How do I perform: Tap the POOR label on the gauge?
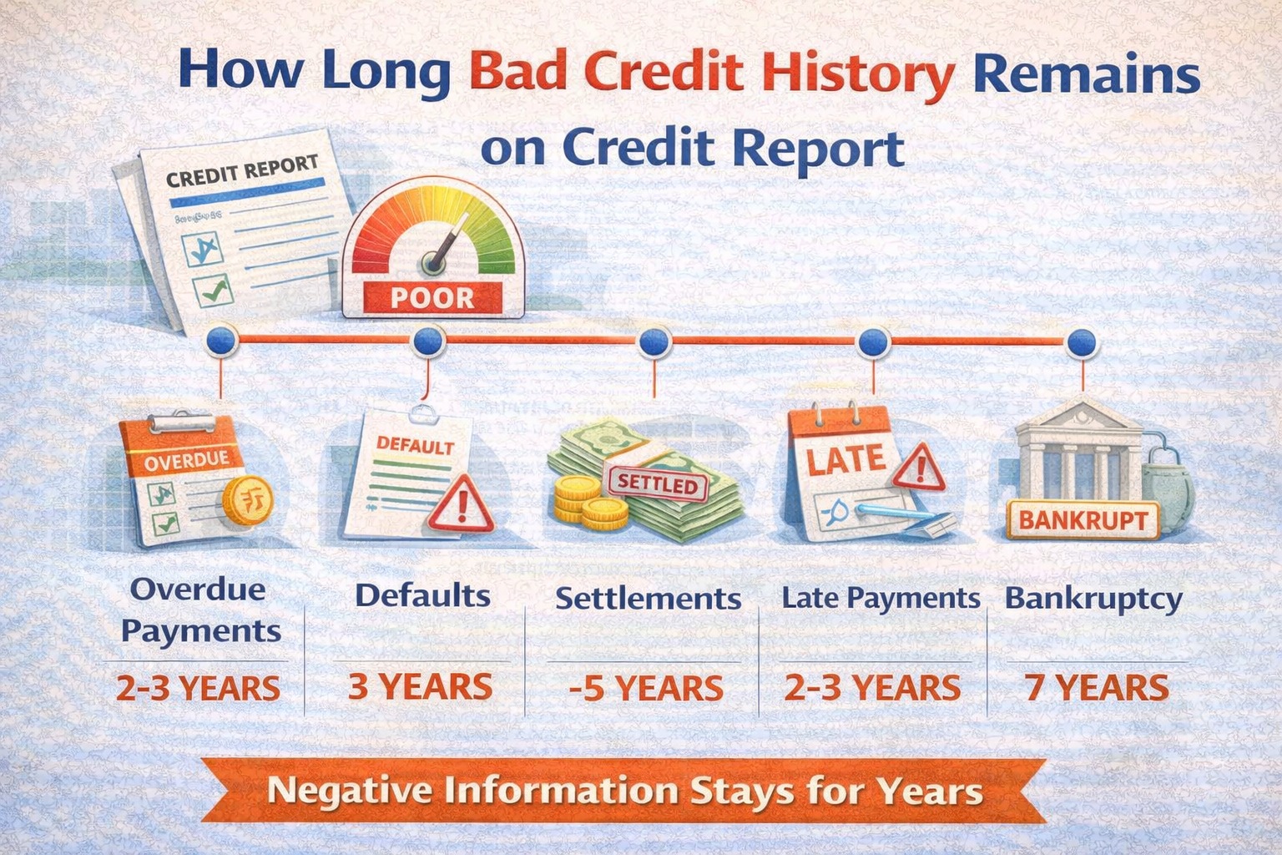(432, 297)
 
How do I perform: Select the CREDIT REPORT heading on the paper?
(242, 170)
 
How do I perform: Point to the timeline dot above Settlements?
(654, 341)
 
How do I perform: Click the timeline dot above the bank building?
(1082, 341)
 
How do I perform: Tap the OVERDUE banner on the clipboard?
(186, 459)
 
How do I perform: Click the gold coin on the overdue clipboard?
(247, 500)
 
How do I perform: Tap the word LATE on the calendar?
(845, 459)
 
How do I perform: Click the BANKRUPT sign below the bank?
(1083, 520)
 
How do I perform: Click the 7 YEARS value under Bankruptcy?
(1096, 688)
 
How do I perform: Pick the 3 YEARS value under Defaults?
(420, 686)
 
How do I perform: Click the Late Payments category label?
(880, 598)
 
